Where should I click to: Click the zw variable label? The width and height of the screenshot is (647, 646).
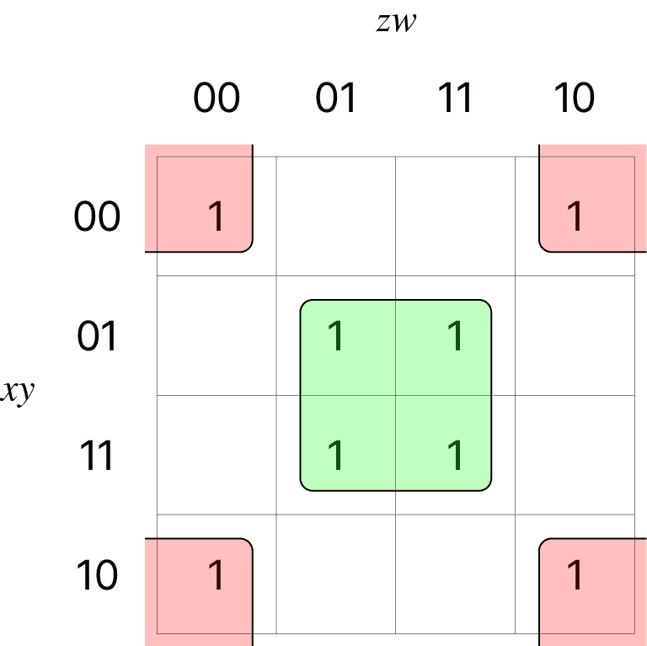pos(396,23)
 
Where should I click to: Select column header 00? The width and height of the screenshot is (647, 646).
pos(217,98)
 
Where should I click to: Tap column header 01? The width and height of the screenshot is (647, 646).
pos(336,98)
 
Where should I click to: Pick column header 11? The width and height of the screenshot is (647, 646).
pos(456,98)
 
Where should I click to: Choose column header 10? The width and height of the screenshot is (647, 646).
pos(575,98)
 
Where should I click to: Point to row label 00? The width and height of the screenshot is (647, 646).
pos(97,217)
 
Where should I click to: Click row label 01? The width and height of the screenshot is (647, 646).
pos(97,337)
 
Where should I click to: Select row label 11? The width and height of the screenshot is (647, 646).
pos(97,456)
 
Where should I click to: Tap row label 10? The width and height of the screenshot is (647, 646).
pos(97,576)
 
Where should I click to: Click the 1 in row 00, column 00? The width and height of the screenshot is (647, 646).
pos(217,216)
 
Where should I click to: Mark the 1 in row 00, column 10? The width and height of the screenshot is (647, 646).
pos(575,216)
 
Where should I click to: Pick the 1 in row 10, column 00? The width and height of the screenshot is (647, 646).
pos(217,575)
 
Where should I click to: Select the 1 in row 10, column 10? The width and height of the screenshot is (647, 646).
pos(575,575)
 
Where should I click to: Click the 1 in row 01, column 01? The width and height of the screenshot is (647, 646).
pos(336,337)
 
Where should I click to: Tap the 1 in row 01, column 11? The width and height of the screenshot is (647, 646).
pos(456,337)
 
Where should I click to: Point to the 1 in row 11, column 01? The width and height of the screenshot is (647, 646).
pos(336,456)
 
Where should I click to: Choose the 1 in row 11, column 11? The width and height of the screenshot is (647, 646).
pos(456,456)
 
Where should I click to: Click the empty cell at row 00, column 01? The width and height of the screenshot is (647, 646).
pos(336,216)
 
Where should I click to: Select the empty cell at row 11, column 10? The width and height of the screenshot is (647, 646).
pos(575,456)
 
